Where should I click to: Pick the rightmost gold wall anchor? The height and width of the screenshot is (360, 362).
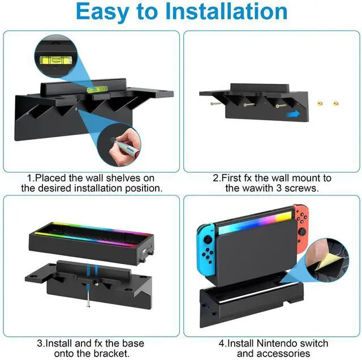point(335,102)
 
